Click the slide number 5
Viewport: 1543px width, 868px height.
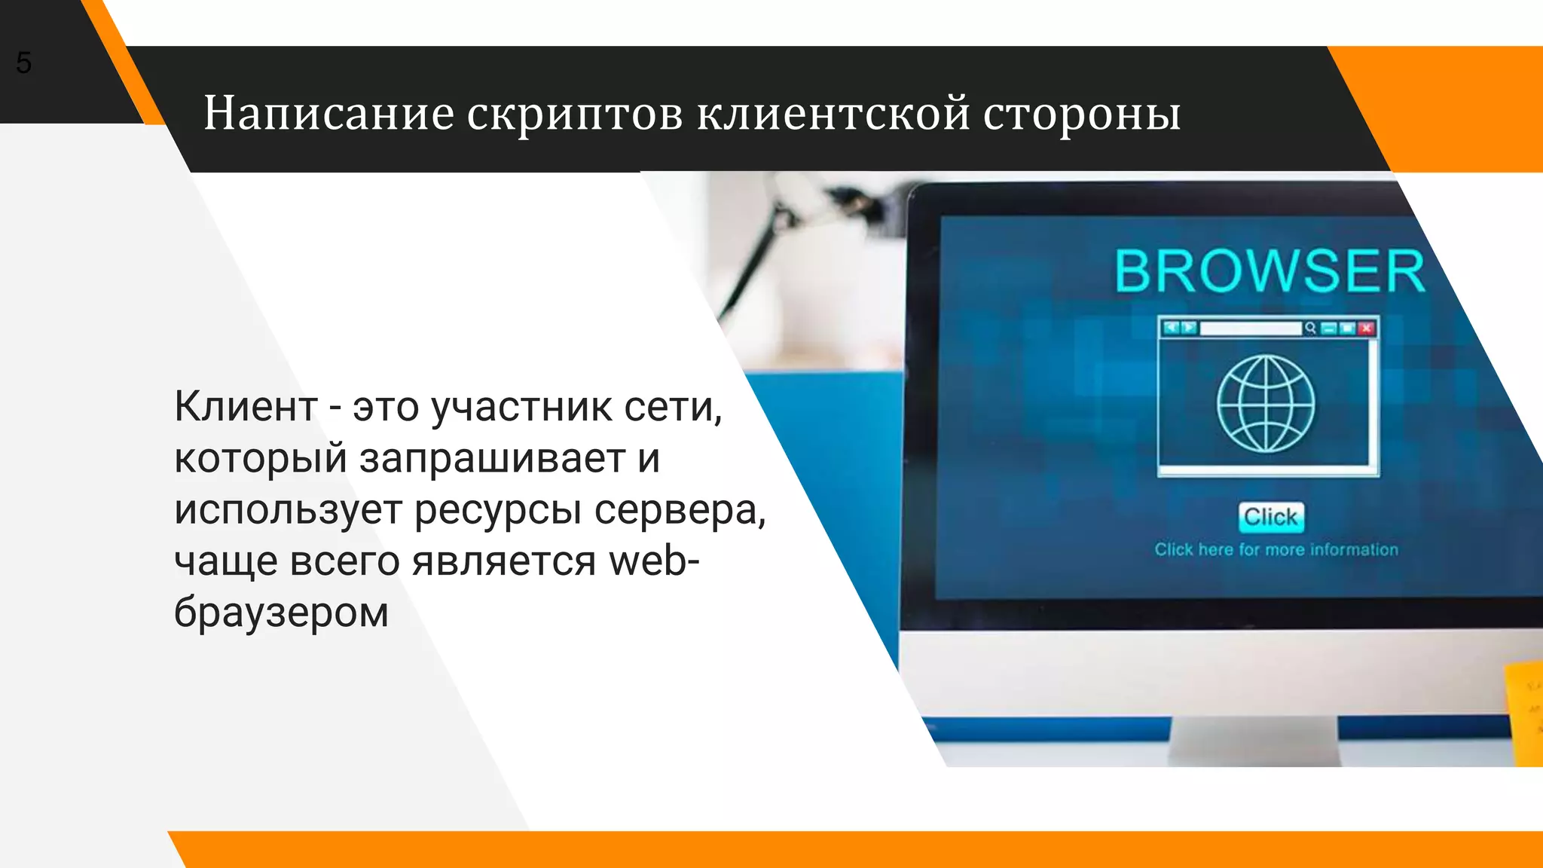[23, 63]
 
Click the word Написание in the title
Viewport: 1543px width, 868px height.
[328, 114]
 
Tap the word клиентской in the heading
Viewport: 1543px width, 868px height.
[833, 114]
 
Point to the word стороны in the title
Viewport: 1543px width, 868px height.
[1082, 115]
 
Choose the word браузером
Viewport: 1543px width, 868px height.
[281, 613]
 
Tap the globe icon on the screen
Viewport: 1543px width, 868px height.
[1266, 404]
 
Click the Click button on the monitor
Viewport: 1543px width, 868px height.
[1271, 517]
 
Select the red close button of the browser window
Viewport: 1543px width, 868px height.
[1366, 328]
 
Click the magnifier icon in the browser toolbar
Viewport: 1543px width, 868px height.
[1311, 328]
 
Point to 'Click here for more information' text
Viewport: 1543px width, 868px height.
[1276, 550]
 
